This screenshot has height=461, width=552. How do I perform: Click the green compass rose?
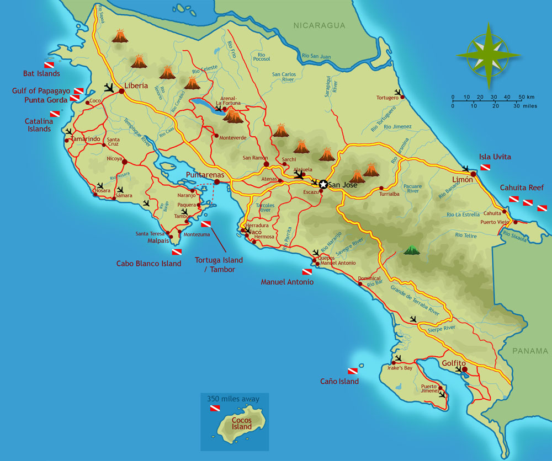[x=488, y=55]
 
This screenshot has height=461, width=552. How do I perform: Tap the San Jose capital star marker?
[x=323, y=185]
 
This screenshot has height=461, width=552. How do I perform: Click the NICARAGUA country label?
[x=319, y=25]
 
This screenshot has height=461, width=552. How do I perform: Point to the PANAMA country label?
[x=530, y=351]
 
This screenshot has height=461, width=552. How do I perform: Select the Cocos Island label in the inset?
[x=242, y=422]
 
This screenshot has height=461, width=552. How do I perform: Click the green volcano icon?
[x=411, y=250]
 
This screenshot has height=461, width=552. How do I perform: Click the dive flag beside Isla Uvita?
[x=485, y=167]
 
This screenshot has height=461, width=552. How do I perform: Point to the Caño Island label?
[x=339, y=381]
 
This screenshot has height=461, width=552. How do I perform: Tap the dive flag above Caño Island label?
[x=352, y=371]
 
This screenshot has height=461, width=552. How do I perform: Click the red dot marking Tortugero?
[x=402, y=97]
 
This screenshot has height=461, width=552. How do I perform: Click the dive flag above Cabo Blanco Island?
[x=177, y=252]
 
